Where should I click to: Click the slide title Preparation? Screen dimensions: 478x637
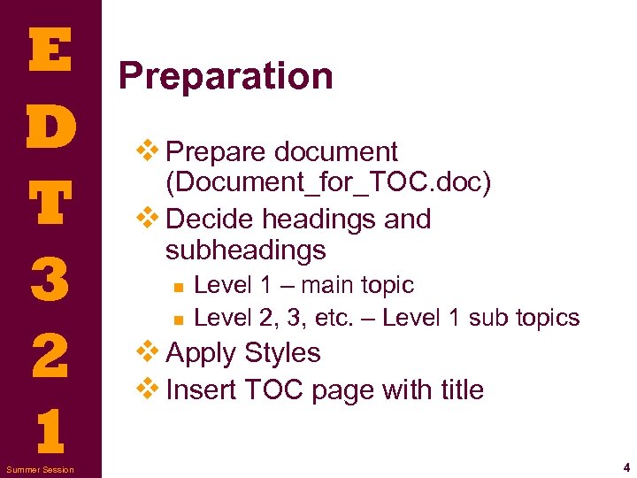(x=226, y=76)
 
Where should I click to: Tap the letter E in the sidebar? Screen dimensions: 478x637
(x=50, y=50)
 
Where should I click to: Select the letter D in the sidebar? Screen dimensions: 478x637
(x=50, y=127)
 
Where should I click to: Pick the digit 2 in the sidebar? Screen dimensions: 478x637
(x=50, y=354)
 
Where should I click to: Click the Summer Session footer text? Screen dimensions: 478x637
(x=41, y=468)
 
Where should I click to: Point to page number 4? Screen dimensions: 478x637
(x=625, y=466)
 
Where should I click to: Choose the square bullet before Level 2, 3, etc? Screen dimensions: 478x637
(x=178, y=319)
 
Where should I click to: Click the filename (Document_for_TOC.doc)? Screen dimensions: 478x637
(x=327, y=183)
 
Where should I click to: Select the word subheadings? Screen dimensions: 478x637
(x=245, y=251)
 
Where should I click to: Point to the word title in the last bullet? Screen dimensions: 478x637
(x=461, y=389)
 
